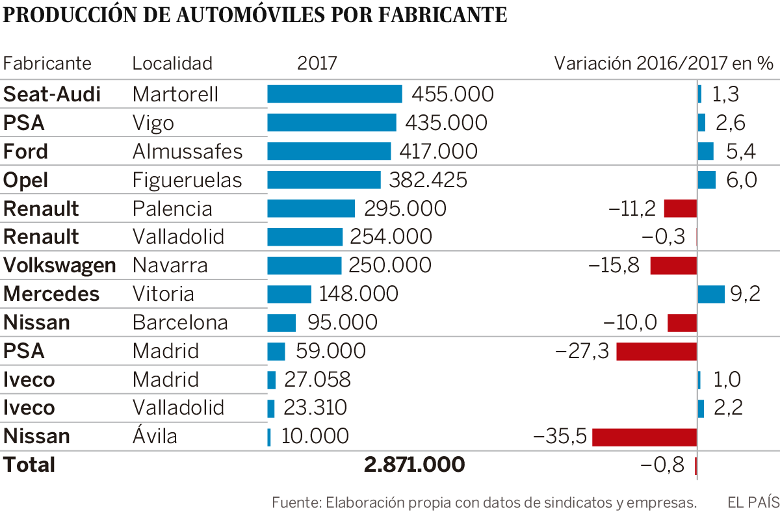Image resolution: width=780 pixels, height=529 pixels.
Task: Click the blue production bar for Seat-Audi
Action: click(335, 94)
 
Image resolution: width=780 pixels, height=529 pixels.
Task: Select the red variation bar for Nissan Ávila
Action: click(644, 437)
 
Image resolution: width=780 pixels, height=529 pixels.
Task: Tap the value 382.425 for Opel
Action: click(428, 180)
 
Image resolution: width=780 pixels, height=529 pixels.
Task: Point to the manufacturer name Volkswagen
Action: click(60, 265)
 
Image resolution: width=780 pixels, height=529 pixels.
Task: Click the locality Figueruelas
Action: click(187, 180)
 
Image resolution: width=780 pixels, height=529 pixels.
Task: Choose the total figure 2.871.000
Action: click(414, 465)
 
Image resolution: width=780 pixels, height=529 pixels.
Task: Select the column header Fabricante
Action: click(47, 64)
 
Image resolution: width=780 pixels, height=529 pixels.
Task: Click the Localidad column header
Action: click(172, 64)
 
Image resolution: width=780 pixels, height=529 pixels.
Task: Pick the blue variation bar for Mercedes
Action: click(710, 294)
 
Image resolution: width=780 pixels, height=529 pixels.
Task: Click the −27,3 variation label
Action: click(582, 352)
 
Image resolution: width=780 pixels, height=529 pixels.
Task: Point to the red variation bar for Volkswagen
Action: click(673, 265)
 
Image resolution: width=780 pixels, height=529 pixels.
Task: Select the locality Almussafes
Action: click(187, 151)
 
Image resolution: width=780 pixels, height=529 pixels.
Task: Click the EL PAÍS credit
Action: click(753, 502)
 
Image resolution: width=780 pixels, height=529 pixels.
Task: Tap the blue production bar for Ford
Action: click(329, 151)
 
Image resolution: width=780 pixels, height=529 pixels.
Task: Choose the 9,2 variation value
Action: click(745, 294)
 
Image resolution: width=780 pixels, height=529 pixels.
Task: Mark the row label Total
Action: click(29, 465)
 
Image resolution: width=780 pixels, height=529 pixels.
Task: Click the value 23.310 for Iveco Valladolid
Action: click(315, 408)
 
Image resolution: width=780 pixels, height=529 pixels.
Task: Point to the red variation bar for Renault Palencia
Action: click(680, 209)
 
